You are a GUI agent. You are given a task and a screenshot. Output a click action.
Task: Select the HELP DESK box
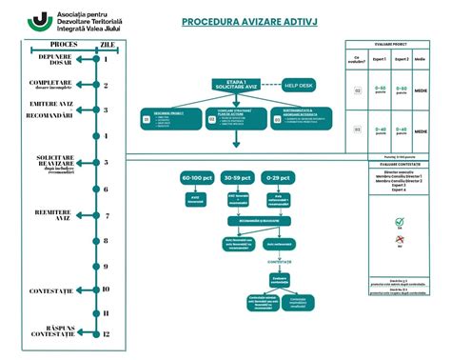[298, 85]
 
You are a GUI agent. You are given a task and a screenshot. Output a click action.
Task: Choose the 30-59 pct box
[236, 178]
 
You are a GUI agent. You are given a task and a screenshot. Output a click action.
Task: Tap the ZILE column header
[109, 44]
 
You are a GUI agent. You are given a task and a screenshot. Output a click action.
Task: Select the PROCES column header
[63, 44]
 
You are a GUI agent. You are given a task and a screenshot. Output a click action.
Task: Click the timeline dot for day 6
[98, 190]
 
